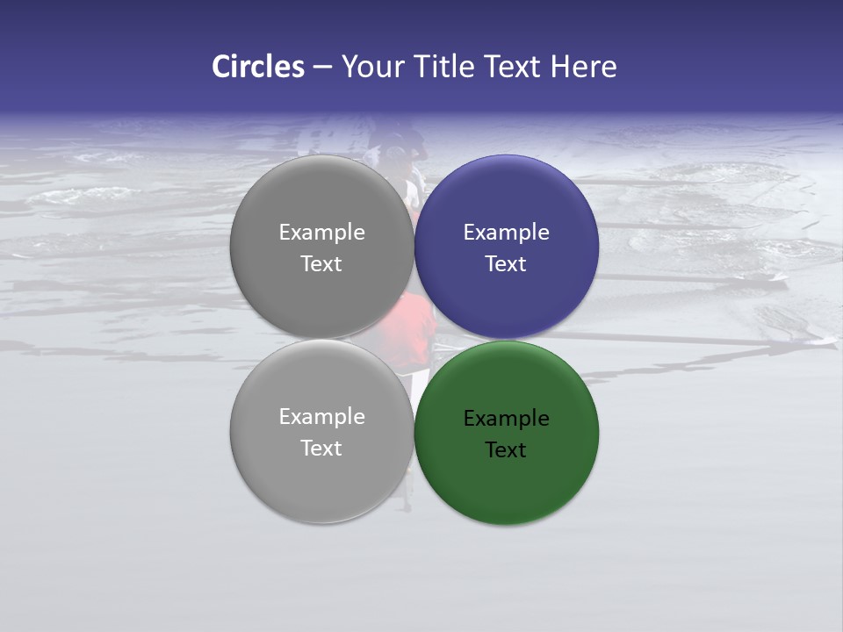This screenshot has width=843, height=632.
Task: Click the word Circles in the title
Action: point(258,67)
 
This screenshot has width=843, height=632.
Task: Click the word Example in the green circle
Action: point(506,419)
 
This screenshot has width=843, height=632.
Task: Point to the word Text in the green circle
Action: point(506,450)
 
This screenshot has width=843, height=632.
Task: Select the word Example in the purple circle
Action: point(506,233)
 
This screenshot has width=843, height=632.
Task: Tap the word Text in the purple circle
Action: point(506,264)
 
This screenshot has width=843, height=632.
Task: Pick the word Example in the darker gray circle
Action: point(321,233)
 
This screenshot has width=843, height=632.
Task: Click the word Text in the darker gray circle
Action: point(321,264)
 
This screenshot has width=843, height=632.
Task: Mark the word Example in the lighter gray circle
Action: point(321,417)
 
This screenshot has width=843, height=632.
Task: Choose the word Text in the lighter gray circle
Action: point(321,449)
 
